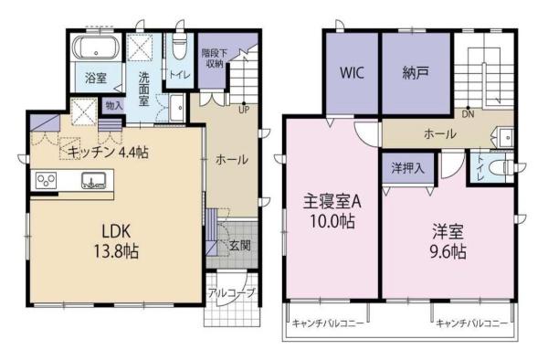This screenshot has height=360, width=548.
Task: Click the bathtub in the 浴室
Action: pyautogui.click(x=96, y=48)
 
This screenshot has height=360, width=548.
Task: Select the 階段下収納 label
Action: pyautogui.click(x=215, y=58)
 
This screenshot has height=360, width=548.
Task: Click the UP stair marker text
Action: pyautogui.click(x=244, y=110)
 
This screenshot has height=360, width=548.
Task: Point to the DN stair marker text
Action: pyautogui.click(x=468, y=114)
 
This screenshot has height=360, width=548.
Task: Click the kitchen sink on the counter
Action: pyautogui.click(x=93, y=180)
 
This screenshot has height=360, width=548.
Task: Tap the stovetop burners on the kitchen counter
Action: pyautogui.click(x=47, y=181)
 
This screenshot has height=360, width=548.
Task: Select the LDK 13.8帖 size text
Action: pyautogui.click(x=116, y=241)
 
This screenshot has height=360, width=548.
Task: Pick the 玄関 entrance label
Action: pyautogui.click(x=240, y=246)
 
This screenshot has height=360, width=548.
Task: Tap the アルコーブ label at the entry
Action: pyautogui.click(x=232, y=292)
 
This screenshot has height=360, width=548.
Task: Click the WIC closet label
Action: pyautogui.click(x=352, y=73)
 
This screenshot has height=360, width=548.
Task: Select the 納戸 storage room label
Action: pyautogui.click(x=416, y=73)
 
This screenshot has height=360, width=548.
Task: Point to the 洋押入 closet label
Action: pyautogui.click(x=408, y=168)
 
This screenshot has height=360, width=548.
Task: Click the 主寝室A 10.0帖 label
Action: pyautogui.click(x=332, y=211)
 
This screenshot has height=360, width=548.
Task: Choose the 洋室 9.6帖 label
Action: pyautogui.click(x=448, y=241)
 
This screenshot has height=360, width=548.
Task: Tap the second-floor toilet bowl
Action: pyautogui.click(x=500, y=167)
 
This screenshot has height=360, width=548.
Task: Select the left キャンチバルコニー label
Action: pyautogui.click(x=328, y=323)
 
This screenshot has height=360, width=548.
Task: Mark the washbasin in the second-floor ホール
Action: pyautogui.click(x=505, y=137)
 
